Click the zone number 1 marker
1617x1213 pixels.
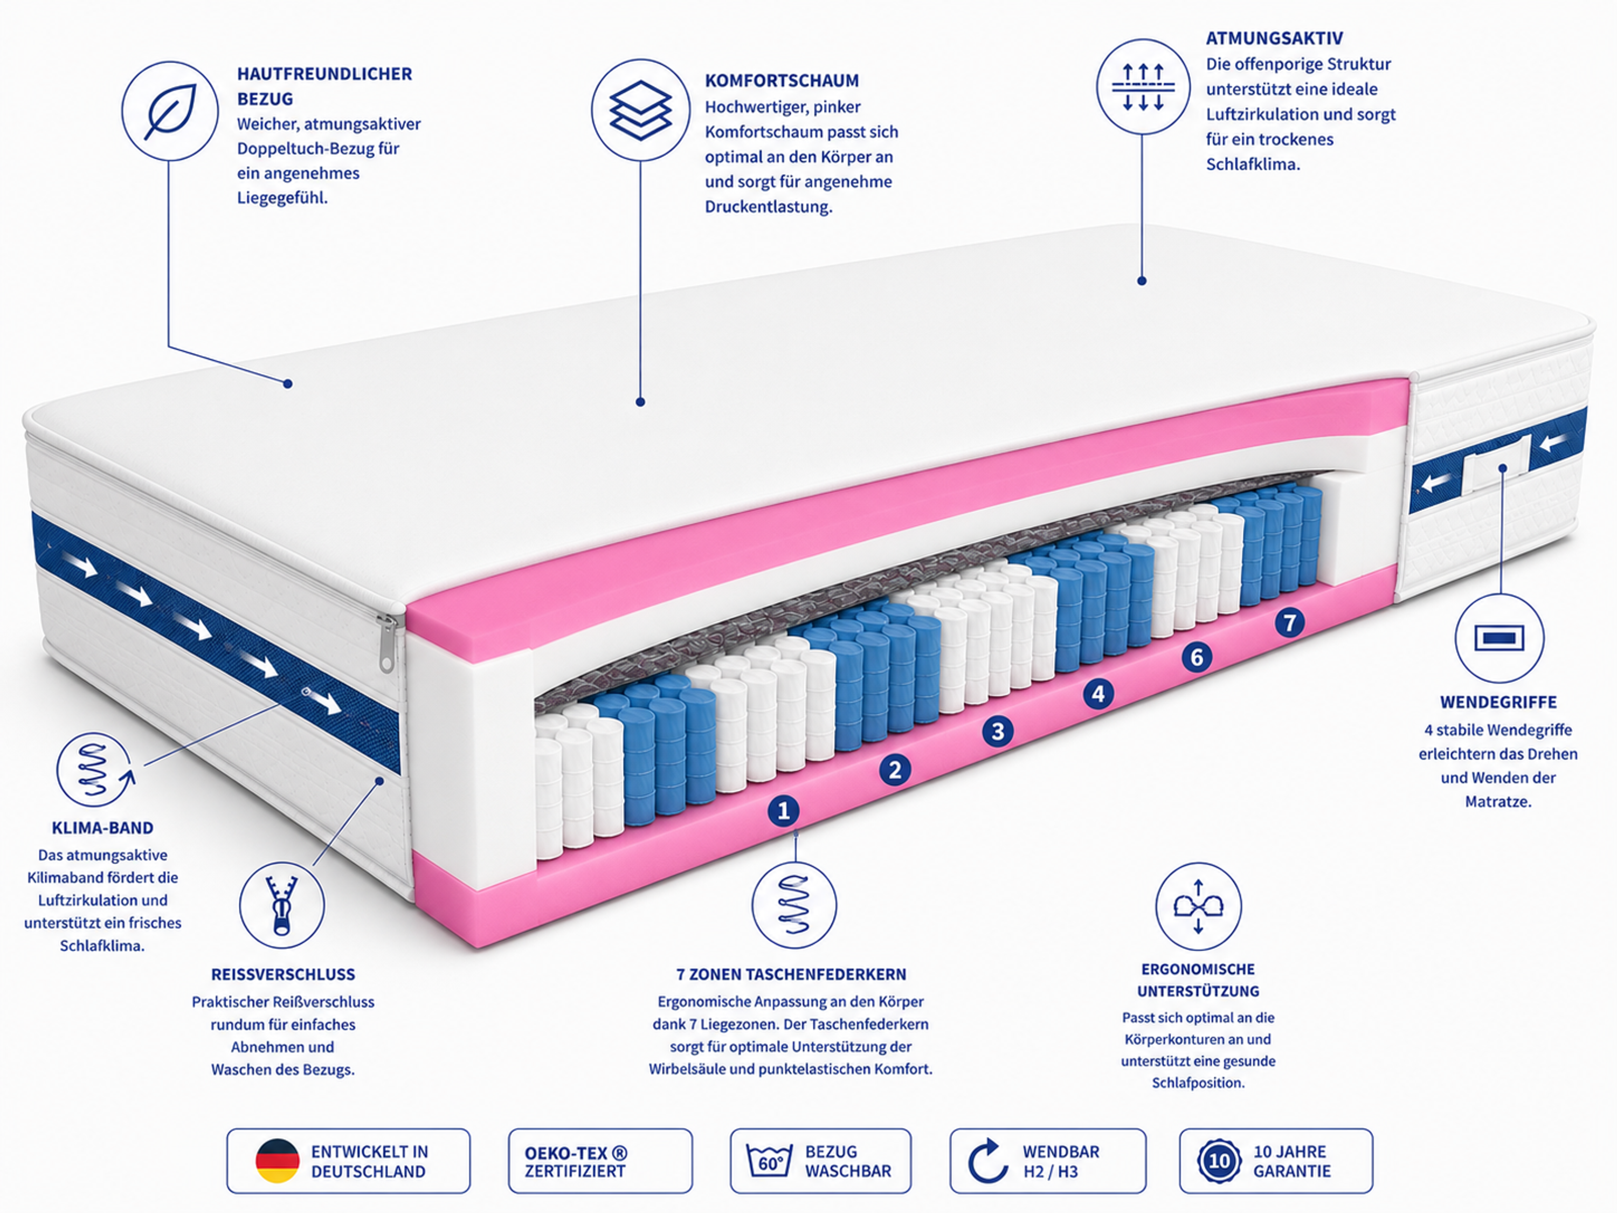(x=784, y=810)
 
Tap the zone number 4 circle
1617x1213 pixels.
(x=1098, y=693)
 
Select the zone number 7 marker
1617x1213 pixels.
(x=1289, y=622)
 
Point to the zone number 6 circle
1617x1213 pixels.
(x=1197, y=657)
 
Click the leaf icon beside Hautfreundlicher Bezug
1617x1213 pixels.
(x=170, y=111)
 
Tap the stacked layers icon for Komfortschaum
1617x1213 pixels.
(x=640, y=109)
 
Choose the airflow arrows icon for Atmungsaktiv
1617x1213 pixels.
(x=1143, y=86)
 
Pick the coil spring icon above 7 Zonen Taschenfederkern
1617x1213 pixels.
(x=794, y=905)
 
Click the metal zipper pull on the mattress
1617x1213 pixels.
(x=386, y=643)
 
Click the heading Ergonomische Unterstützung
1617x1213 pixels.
(x=1198, y=980)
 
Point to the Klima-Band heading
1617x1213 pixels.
(x=102, y=828)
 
